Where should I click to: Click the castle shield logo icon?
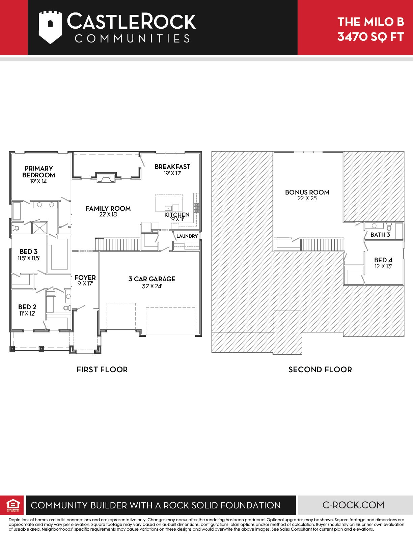[x=50, y=27]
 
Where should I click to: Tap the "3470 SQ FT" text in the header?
[x=370, y=37]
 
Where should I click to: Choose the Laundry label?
[x=187, y=236]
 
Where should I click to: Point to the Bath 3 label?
[x=380, y=235]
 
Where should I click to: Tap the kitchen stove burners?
[x=196, y=208]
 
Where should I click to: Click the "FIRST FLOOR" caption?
[x=102, y=369]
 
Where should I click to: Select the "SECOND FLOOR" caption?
[x=320, y=369]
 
